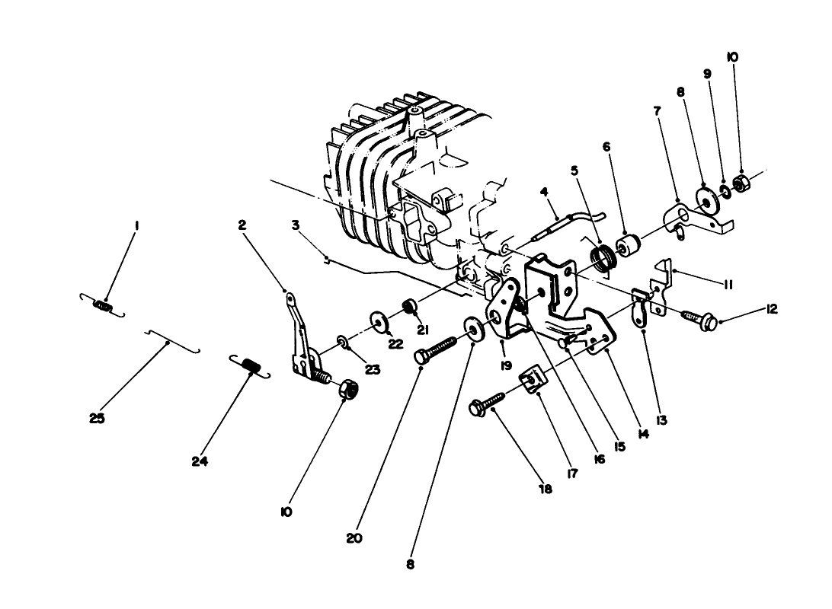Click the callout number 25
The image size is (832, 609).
pos(97,419)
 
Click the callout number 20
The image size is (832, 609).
pos(354,537)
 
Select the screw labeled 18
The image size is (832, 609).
pos(488,404)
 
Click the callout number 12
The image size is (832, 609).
pos(772,310)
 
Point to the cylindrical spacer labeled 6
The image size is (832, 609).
pos(629,247)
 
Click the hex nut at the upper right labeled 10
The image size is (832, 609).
pos(740,183)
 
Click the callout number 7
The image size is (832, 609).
pos(657,110)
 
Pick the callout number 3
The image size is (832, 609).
pos(295,225)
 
